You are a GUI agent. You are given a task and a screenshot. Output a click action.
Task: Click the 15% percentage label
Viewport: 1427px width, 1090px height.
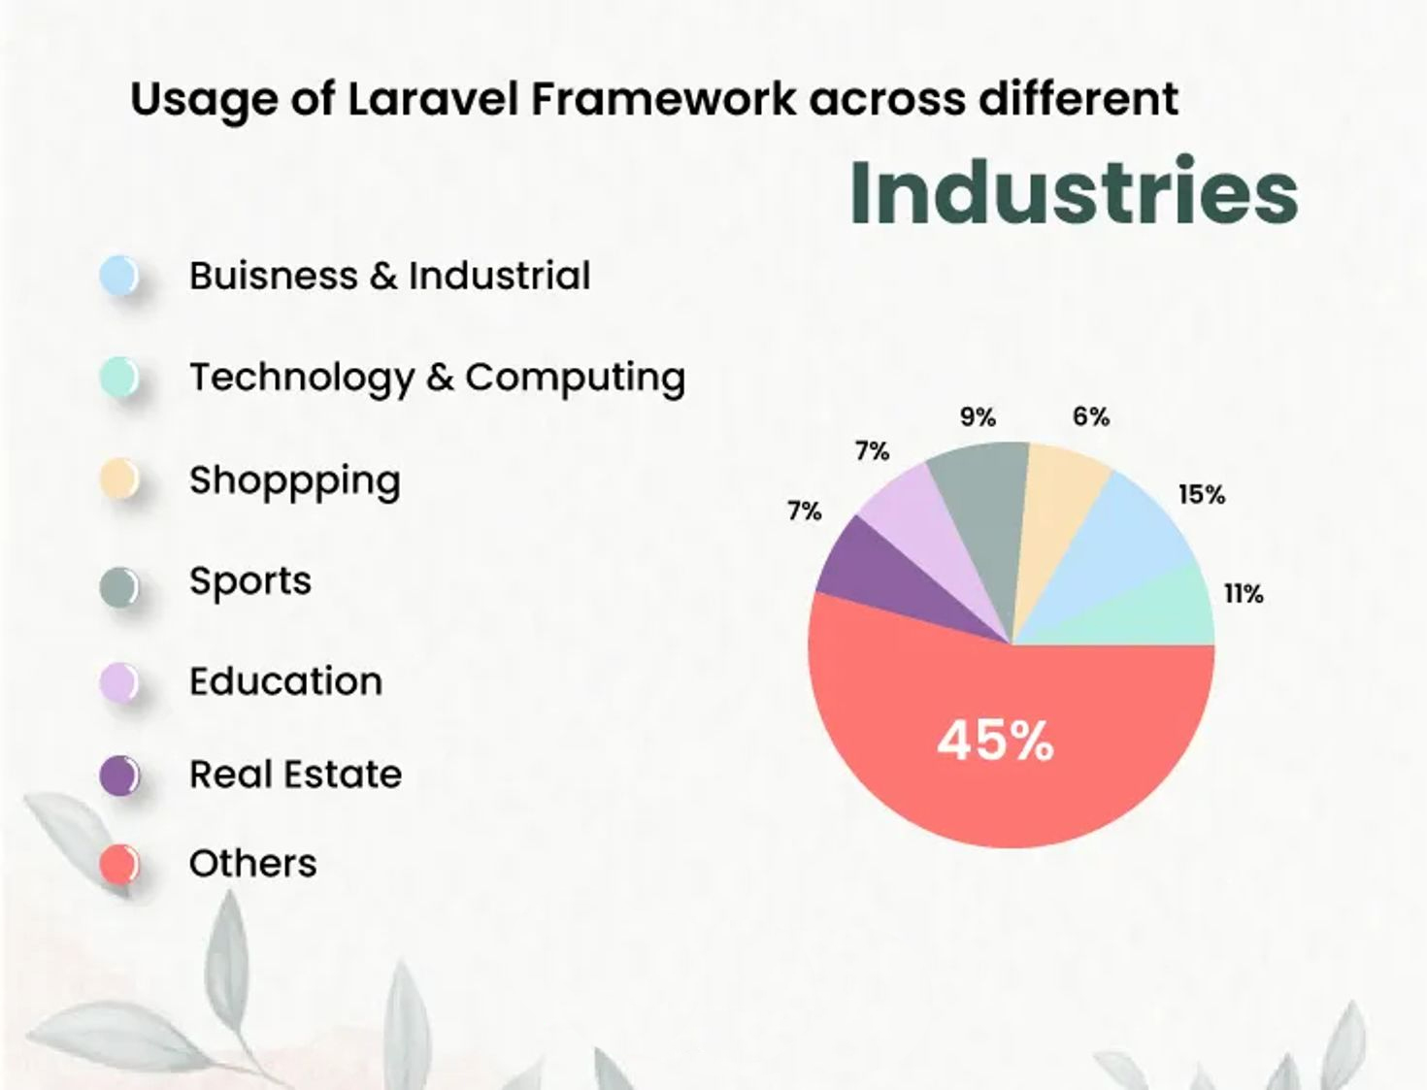click(1202, 495)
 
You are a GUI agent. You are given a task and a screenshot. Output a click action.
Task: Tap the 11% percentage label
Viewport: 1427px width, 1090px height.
click(1244, 594)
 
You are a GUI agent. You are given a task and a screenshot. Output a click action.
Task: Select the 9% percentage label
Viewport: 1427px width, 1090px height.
click(978, 417)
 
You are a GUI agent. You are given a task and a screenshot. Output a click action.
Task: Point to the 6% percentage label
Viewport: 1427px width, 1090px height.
click(1091, 416)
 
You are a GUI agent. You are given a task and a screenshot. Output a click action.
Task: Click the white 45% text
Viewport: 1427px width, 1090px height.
click(995, 741)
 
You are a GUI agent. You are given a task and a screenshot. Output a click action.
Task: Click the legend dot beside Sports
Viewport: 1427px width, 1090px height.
click(119, 586)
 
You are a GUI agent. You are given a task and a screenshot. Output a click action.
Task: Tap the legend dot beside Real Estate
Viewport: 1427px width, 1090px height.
click(119, 775)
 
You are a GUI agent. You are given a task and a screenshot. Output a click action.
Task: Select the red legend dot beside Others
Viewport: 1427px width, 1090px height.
click(119, 865)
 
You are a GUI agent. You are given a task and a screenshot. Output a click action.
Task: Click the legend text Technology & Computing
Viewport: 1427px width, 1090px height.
click(438, 378)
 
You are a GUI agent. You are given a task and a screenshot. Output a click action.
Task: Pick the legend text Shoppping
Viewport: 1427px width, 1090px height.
click(295, 481)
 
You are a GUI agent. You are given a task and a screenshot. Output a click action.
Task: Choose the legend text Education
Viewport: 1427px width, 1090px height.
click(286, 681)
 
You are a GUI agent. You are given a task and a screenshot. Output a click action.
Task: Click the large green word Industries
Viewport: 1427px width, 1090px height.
click(1074, 192)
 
